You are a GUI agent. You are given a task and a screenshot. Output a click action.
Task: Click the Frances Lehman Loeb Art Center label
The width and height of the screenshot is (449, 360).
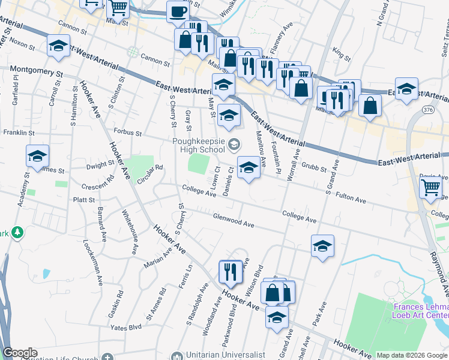(420, 309)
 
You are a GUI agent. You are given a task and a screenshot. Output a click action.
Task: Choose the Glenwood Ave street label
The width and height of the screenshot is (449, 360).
(234, 221)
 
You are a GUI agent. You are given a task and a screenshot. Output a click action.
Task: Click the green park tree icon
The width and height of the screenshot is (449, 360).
(17, 232)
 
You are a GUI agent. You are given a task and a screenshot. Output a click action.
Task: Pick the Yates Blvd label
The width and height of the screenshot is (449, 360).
(125, 327)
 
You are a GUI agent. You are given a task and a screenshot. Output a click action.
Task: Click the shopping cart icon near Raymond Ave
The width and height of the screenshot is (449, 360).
(430, 188)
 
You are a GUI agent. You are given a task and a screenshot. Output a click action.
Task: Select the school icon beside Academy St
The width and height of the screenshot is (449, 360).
(38, 157)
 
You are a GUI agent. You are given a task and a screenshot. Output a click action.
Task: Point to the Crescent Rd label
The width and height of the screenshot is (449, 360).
(100, 179)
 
